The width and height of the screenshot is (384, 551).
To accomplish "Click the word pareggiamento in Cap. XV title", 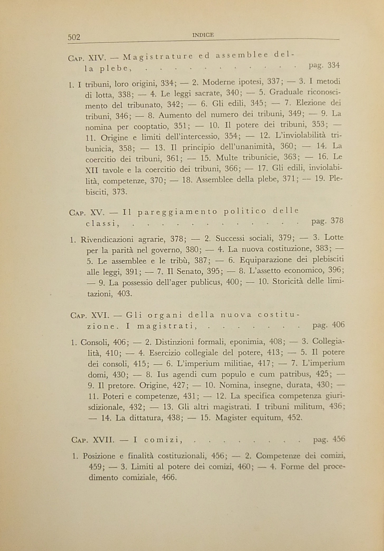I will (x=178, y=212).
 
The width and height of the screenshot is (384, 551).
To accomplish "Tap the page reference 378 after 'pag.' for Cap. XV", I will (x=337, y=221).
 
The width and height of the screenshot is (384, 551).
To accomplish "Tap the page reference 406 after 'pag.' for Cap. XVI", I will (x=338, y=325).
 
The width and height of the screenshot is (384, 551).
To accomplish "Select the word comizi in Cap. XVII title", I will (x=163, y=440).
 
